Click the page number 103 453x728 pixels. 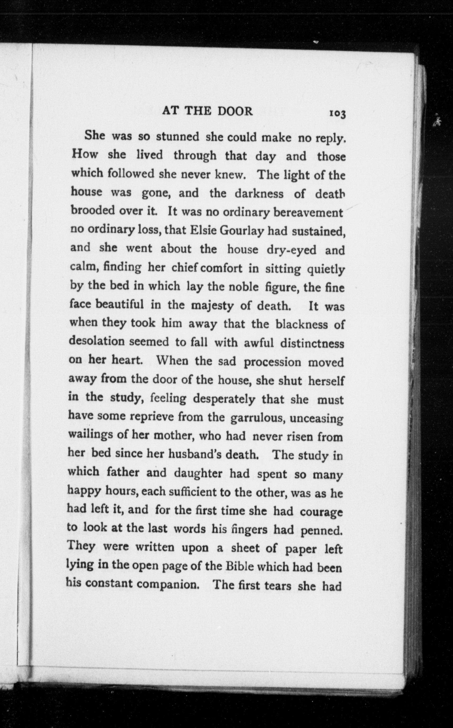[338, 114]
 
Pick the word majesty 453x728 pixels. [212, 306]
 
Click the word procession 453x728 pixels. [272, 362]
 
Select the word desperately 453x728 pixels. [224, 399]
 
